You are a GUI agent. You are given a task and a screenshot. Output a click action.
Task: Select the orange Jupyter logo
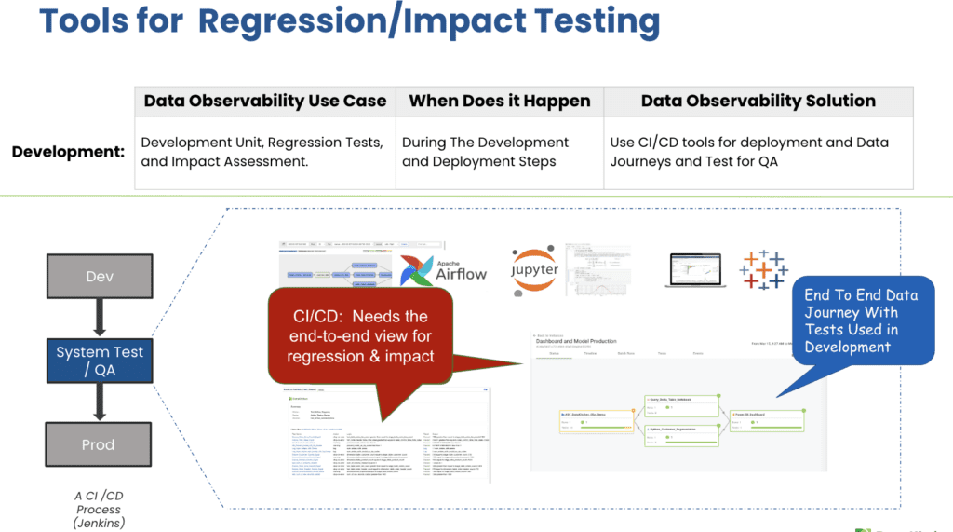[534, 271]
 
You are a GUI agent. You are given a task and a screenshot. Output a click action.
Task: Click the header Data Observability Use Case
[264, 102]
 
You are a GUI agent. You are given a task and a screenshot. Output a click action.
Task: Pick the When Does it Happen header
[500, 102]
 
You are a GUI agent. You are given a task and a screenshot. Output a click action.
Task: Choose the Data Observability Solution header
[758, 102]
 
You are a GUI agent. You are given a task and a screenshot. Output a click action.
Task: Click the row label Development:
[68, 151]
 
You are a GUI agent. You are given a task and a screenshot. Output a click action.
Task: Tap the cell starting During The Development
[485, 152]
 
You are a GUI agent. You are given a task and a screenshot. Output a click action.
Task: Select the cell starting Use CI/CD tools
[749, 152]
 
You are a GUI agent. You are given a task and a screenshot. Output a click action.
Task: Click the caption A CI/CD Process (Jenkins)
[99, 510]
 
